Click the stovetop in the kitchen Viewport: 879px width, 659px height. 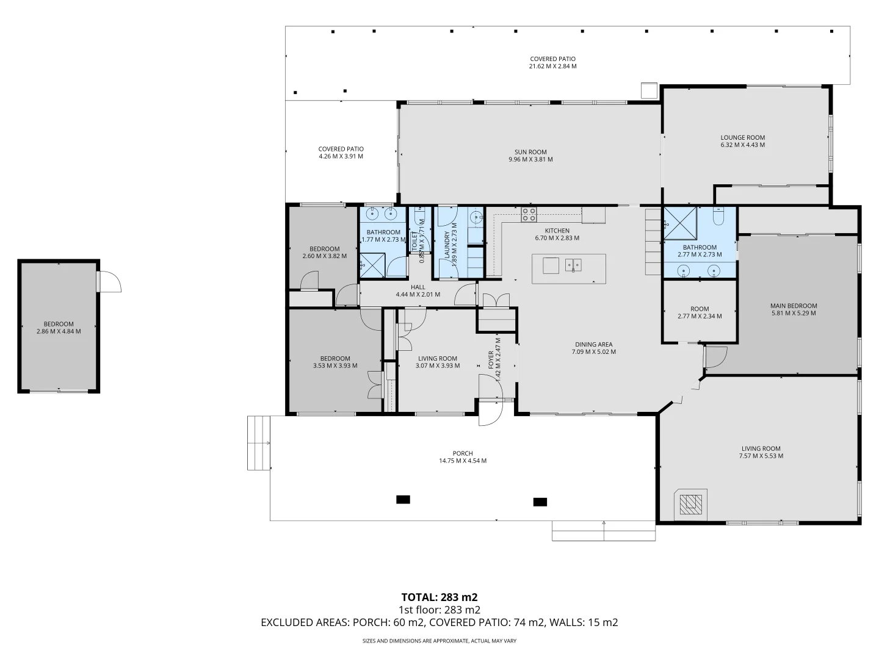point(529,214)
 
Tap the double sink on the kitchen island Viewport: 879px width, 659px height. point(573,265)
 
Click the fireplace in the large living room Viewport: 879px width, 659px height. point(691,504)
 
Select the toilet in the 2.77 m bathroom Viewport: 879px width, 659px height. point(718,215)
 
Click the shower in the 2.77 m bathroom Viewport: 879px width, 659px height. point(681,223)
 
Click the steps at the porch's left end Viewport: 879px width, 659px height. point(259,443)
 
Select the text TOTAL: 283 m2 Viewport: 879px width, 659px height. point(440,597)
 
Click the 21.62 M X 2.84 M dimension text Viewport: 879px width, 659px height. point(552,67)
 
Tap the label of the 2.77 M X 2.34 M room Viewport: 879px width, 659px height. point(700,309)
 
